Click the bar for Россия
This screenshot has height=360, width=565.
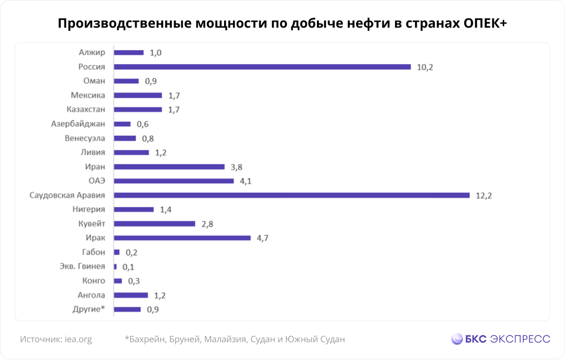[x=262, y=67]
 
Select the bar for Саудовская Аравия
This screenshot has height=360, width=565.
[x=291, y=195]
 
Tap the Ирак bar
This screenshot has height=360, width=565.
[x=182, y=238]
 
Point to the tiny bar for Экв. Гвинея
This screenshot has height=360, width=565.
[x=115, y=267]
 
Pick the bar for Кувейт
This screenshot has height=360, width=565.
[x=154, y=224]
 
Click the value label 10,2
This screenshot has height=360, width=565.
[x=425, y=67]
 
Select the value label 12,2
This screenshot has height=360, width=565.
[x=484, y=195]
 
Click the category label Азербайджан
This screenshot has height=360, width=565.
[x=78, y=124]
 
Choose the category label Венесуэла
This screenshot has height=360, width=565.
[x=85, y=139]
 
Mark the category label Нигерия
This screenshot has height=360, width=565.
[x=89, y=209]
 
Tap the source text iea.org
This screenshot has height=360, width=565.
[x=79, y=339]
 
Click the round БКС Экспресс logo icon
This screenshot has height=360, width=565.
[x=457, y=339]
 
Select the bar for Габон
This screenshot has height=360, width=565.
[x=117, y=252]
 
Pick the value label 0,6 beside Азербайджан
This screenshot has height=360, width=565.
[x=143, y=124]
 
